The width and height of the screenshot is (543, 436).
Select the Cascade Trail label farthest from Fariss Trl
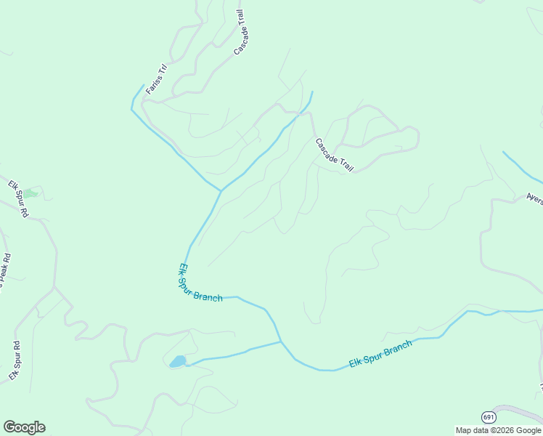pos(334,154)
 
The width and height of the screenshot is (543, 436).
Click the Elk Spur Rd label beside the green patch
pos(18,198)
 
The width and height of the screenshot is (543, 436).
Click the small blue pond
pos(177,361)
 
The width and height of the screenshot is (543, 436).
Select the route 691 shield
pos(489,416)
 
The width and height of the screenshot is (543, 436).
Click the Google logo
pos(24,427)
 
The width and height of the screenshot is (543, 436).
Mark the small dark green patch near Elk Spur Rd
pos(31,193)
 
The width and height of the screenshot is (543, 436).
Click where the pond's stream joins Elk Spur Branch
pos(281,342)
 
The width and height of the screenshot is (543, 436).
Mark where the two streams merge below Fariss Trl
pos(221,191)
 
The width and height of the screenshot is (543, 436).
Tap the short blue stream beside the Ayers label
pos(521,166)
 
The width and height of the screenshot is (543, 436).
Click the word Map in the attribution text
pos(463,430)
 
